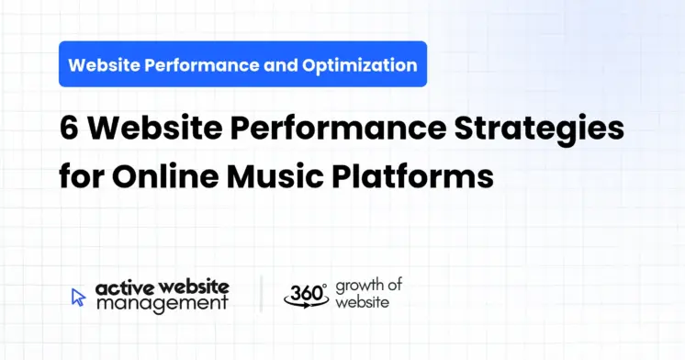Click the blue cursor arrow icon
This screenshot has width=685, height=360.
pos(78,297)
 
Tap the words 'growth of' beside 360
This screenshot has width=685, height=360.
pos(369,285)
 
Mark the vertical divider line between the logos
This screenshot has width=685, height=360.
pos(261,294)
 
